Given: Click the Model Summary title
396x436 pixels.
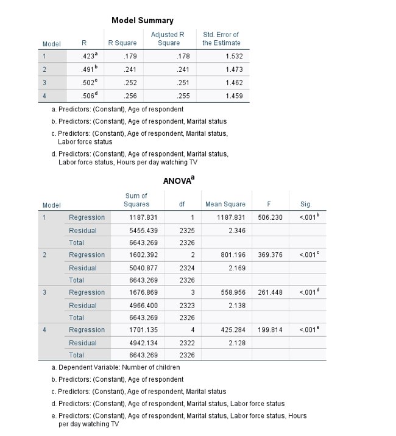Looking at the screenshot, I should [142, 21].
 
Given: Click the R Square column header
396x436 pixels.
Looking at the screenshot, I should [122, 43].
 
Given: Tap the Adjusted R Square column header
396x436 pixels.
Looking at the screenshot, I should [169, 39].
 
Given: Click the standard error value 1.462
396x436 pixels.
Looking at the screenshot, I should [234, 83].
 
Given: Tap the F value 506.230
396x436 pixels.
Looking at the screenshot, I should [271, 217].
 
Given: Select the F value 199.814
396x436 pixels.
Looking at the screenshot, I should [271, 329].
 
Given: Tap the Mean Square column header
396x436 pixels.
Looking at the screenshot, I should [226, 205].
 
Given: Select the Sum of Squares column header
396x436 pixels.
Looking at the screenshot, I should [136, 200].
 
